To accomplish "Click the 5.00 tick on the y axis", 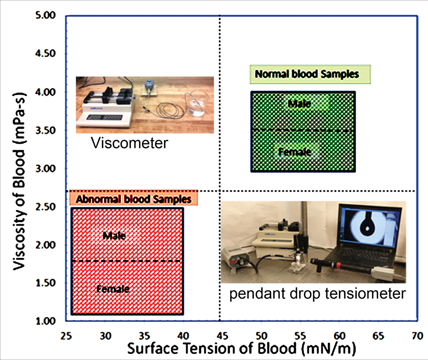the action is tap(45, 15).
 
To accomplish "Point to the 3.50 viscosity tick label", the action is tap(45, 130).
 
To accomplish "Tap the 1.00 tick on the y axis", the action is tap(45, 321).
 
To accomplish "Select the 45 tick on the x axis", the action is tap(222, 336).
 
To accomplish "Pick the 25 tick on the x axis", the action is tap(66, 336).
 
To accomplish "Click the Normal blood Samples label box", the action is tap(310, 74).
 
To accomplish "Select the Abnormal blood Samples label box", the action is tap(134, 198).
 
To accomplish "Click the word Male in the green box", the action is tap(299, 104).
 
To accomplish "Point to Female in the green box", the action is tap(294, 152).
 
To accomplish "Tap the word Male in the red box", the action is tap(114, 236).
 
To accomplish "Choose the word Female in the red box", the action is tap(113, 289).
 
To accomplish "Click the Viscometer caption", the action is tap(129, 143).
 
